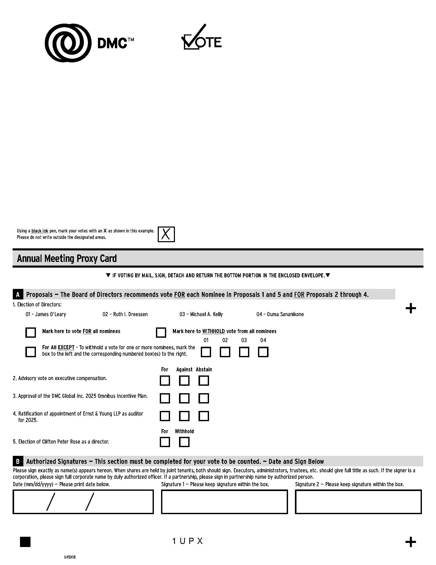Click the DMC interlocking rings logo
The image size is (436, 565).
click(68, 43)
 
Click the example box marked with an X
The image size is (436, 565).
click(166, 234)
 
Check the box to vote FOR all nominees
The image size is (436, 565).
click(31, 332)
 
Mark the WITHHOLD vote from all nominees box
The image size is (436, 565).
click(161, 332)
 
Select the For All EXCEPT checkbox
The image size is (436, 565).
click(31, 352)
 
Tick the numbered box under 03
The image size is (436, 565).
click(244, 352)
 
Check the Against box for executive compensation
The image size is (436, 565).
click(184, 381)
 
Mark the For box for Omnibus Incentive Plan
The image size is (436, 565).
click(165, 398)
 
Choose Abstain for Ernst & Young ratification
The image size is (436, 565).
click(204, 416)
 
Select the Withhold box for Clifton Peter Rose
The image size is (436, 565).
click(184, 442)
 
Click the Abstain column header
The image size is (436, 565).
click(204, 369)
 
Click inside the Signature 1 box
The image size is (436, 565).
click(224, 502)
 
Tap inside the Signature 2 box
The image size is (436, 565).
click(358, 502)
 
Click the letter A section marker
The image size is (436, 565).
click(18, 295)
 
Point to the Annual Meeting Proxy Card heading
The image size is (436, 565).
click(67, 258)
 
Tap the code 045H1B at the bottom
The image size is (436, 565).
click(70, 557)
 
